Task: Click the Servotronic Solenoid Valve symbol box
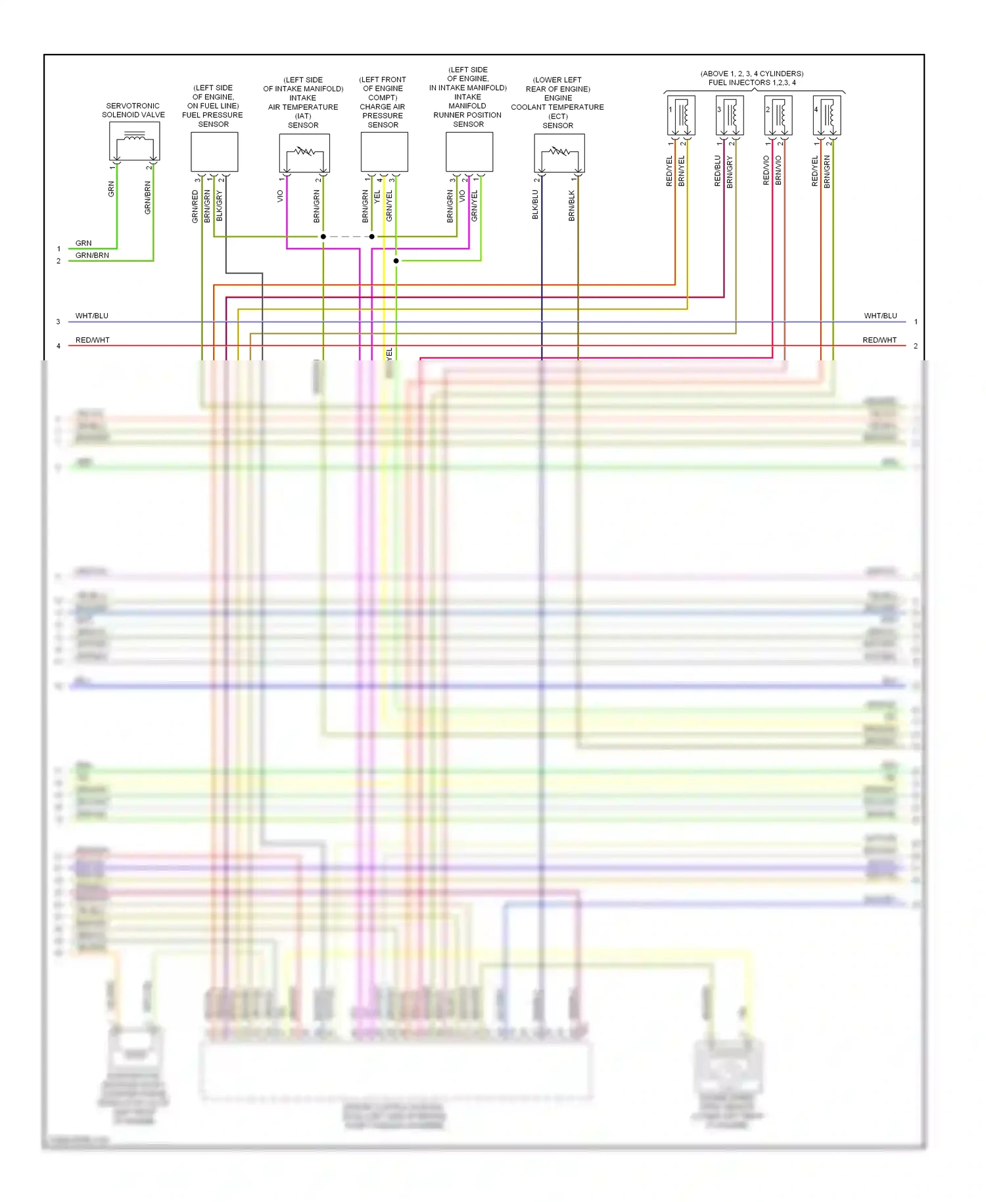(135, 141)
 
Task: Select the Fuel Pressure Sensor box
(214, 152)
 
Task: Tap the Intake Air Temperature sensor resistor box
(304, 153)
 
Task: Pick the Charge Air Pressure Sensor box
(385, 152)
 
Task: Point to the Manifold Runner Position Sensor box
(469, 152)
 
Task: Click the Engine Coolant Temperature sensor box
(559, 153)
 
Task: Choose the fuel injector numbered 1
(681, 115)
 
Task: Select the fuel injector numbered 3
(730, 115)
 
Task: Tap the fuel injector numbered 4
(827, 115)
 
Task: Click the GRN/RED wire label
(195, 206)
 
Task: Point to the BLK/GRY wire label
(220, 206)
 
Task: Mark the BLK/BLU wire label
(535, 204)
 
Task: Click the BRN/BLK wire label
(572, 205)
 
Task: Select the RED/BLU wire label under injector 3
(718, 171)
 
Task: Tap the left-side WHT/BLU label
(92, 316)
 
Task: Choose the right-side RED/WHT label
(880, 340)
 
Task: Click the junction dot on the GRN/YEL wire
(396, 261)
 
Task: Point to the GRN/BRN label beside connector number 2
(92, 255)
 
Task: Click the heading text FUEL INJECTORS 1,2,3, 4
(752, 83)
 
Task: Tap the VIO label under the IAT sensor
(280, 196)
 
